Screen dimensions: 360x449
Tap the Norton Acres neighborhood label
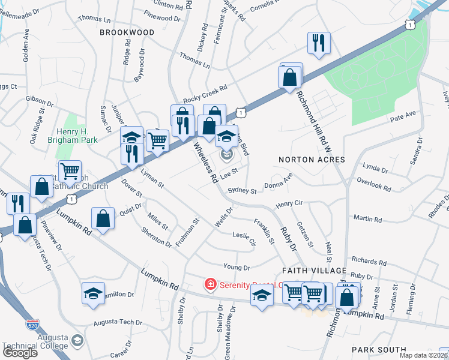coord(312,160)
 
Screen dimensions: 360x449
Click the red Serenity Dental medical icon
coord(211,284)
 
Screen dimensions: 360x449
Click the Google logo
coord(20,353)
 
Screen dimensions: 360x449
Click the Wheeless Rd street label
coord(205,162)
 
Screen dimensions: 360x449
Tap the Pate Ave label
coord(402,113)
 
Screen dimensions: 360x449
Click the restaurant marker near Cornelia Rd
coord(318,43)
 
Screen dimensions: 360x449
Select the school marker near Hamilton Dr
coord(93,293)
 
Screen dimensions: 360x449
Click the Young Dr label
coord(237,267)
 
